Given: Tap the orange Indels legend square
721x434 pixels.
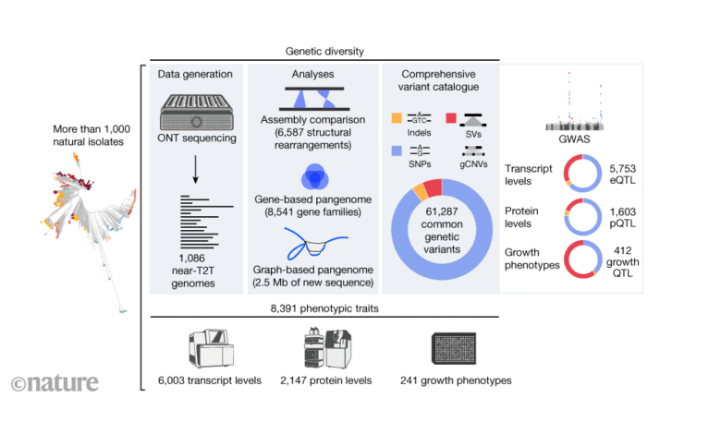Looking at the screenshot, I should coord(396,118).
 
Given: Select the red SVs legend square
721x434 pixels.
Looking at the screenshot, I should coord(451,118).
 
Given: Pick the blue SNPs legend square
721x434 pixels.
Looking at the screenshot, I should coord(396,150).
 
